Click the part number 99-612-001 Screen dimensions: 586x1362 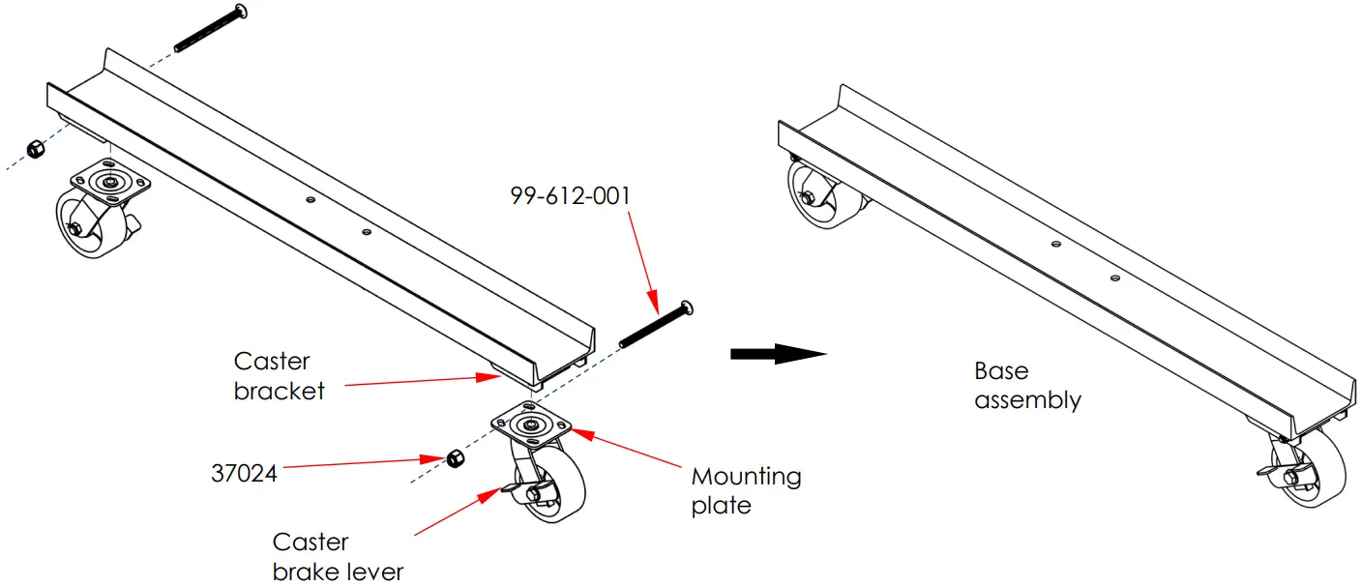point(570,195)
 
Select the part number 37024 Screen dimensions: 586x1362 point(244,474)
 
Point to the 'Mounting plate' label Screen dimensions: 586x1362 point(746,490)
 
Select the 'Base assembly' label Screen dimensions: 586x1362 point(1026,385)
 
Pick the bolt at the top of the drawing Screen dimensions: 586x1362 point(211,29)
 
